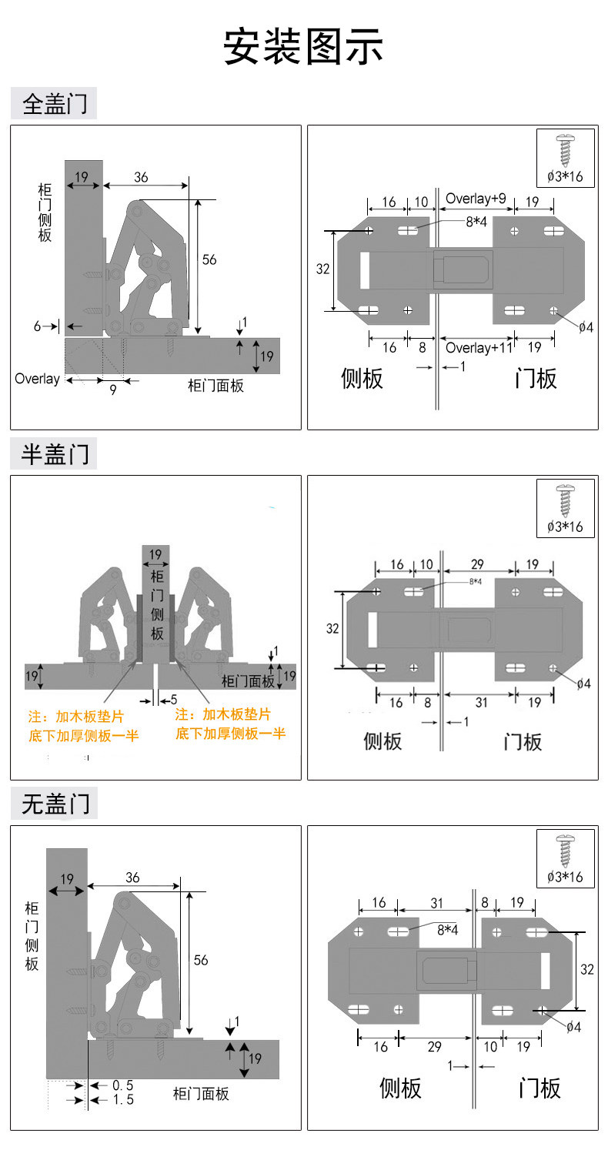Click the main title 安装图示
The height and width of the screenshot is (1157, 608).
pyautogui.click(x=303, y=47)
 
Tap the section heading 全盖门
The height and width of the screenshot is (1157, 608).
pyautogui.click(x=55, y=104)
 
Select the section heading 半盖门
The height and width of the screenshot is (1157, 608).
pyautogui.click(x=55, y=454)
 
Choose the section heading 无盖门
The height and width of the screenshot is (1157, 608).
pyautogui.click(x=55, y=804)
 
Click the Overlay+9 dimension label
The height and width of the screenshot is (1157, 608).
pyautogui.click(x=476, y=199)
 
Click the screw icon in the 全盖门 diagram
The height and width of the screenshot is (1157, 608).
pyautogui.click(x=566, y=150)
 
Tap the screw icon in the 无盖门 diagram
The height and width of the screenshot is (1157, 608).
pyautogui.click(x=566, y=850)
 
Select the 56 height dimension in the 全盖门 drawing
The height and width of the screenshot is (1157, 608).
pyautogui.click(x=209, y=259)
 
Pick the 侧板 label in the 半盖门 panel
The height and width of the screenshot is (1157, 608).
pyautogui.click(x=383, y=741)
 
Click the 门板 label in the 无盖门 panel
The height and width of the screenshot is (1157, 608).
pyautogui.click(x=540, y=1088)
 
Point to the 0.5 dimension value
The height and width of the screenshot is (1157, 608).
pyautogui.click(x=122, y=1085)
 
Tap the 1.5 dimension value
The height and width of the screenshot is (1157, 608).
pyautogui.click(x=122, y=1100)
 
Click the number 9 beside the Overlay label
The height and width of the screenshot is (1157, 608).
pyautogui.click(x=112, y=390)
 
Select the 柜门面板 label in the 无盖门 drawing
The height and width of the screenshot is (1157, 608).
pyautogui.click(x=201, y=1093)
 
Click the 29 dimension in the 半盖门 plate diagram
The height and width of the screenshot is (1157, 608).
pyautogui.click(x=476, y=565)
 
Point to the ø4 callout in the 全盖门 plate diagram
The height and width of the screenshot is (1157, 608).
pyautogui.click(x=586, y=326)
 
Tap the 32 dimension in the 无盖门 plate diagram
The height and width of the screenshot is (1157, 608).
pyautogui.click(x=587, y=970)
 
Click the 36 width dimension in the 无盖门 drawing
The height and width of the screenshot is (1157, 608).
pyautogui.click(x=132, y=878)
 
